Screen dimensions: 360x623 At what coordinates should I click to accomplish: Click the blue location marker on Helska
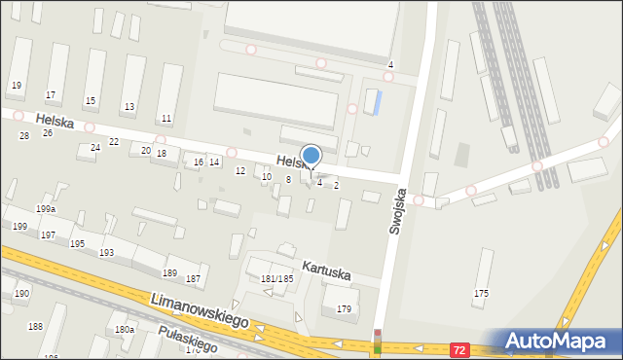(x=311, y=157)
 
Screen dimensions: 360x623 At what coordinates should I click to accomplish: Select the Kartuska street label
(x=325, y=267)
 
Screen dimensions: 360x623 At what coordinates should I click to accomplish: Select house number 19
(x=16, y=86)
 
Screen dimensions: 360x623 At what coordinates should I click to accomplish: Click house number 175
(x=481, y=293)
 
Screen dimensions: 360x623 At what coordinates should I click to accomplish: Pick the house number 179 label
(x=344, y=309)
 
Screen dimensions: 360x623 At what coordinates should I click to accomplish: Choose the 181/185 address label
(x=277, y=279)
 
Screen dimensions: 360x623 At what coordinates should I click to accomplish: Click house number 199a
(x=46, y=209)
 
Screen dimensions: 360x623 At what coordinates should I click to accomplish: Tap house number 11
(x=166, y=119)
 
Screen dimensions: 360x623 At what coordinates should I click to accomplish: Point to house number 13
(x=129, y=107)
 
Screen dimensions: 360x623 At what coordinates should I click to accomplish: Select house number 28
(x=23, y=135)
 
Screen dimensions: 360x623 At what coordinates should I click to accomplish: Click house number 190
(x=21, y=293)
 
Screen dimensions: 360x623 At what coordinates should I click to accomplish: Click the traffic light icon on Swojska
(x=378, y=341)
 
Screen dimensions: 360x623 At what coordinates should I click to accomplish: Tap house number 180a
(x=125, y=330)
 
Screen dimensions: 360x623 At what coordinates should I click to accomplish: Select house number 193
(x=106, y=252)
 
